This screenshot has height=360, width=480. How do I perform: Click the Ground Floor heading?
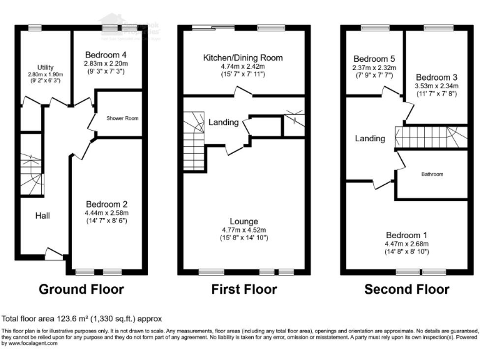coord(81,289)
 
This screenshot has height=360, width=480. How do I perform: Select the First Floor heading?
coord(243,289)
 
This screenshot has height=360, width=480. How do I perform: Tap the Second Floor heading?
coord(406,289)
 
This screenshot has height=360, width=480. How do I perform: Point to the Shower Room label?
coord(122,118)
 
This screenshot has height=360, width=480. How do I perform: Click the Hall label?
coord(42,216)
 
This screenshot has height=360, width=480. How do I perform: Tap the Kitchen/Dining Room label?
coord(243,58)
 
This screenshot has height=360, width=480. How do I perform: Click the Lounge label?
coord(243,221)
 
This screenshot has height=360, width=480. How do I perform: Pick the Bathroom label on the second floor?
coord(431,174)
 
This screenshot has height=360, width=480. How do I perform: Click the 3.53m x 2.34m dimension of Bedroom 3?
coord(437,86)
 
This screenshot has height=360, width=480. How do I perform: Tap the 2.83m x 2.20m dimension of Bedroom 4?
coord(107,63)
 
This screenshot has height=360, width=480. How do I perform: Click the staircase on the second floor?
coord(425,136)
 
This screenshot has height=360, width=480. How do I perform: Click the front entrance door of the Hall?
coord(54,252)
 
